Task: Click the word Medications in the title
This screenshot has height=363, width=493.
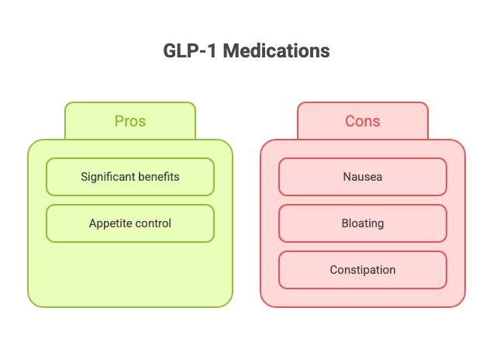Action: [x=277, y=50]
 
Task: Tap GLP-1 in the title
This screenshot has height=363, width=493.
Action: [x=189, y=50]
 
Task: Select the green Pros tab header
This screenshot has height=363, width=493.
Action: [x=130, y=121]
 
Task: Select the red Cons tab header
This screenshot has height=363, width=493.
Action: [x=363, y=121]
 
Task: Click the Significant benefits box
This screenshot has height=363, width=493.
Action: [x=130, y=177]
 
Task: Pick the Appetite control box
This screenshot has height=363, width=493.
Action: [x=130, y=223]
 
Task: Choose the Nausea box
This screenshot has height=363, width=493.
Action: [x=363, y=177]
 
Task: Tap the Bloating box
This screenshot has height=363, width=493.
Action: [x=363, y=223]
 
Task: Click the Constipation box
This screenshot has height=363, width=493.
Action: [x=363, y=270]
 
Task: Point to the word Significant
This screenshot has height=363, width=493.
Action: [x=108, y=177]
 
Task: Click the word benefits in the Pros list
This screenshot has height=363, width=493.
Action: [x=159, y=177]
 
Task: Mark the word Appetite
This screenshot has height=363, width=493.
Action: [x=109, y=223]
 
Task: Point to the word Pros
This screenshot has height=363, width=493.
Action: [x=130, y=121]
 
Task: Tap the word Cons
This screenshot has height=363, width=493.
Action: [x=363, y=121]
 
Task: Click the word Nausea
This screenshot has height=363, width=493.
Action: [x=363, y=177]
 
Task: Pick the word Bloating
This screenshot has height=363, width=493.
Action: [x=363, y=223]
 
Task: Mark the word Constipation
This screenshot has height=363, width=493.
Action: [x=363, y=270]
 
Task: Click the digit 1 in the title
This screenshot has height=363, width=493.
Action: [x=212, y=50]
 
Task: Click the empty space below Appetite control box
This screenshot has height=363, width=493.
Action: [x=130, y=274]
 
